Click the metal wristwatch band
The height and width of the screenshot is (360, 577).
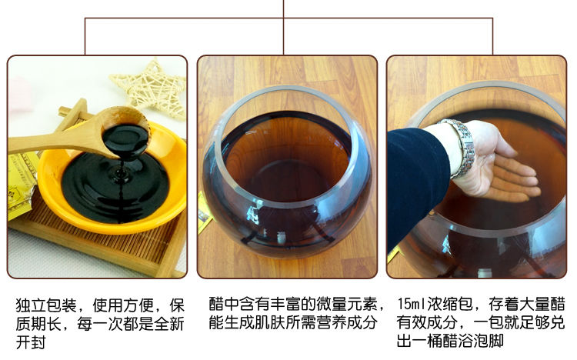[461, 147]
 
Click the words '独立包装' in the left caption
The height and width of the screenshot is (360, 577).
[46, 305]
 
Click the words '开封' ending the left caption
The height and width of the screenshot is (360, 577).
[31, 342]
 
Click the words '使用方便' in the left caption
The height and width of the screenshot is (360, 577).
[123, 305]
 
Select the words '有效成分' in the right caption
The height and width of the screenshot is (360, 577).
[427, 323]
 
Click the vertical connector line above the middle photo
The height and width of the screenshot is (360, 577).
[283, 27]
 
